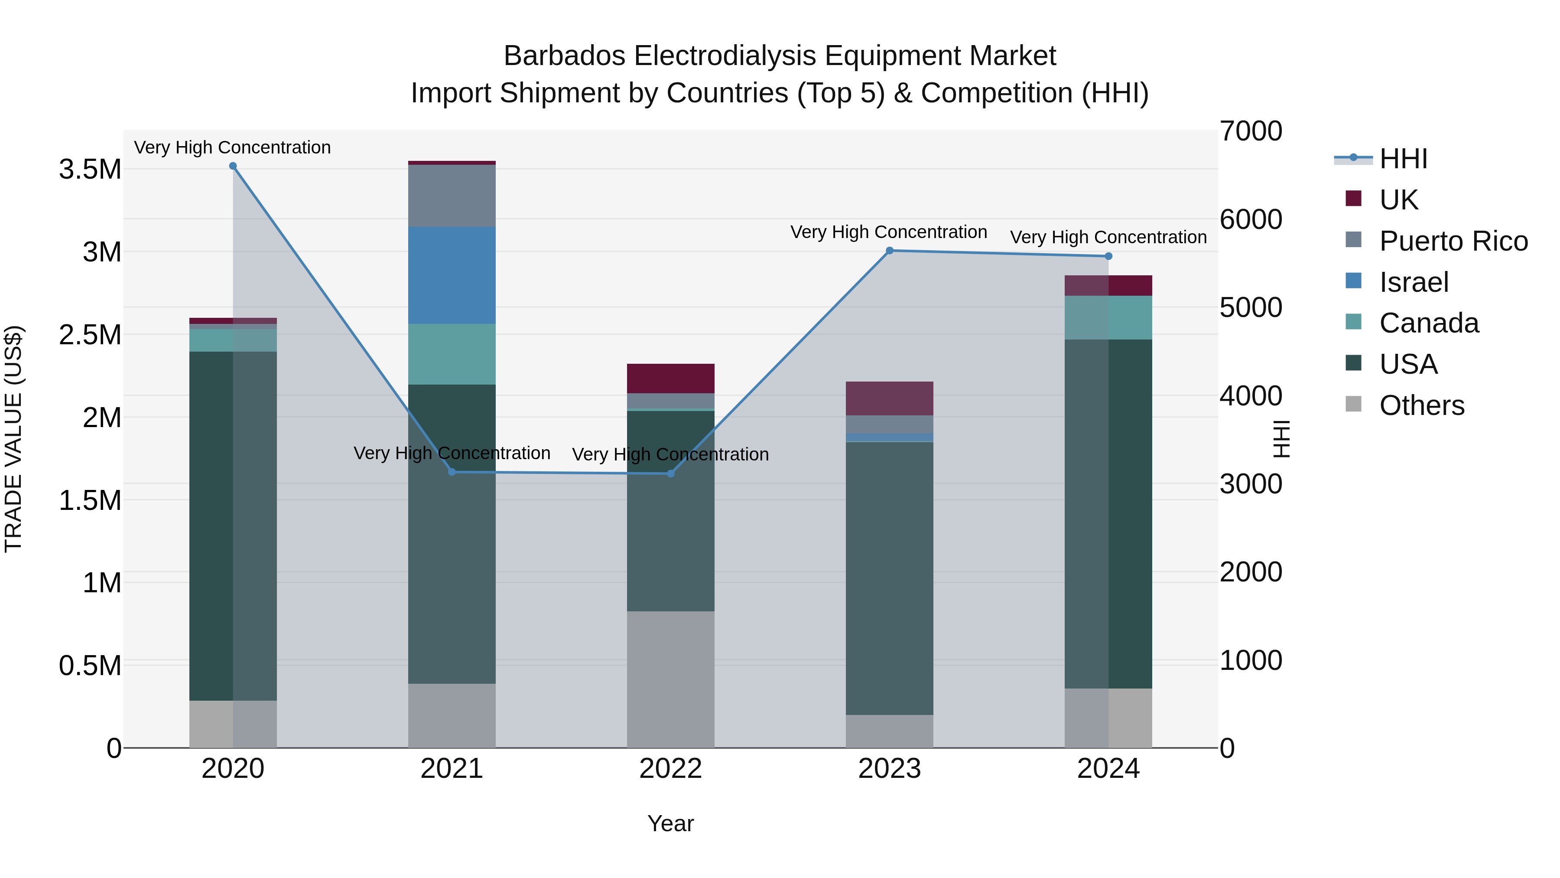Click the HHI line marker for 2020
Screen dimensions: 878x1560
pyautogui.click(x=233, y=166)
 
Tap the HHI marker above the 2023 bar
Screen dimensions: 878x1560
pyautogui.click(x=890, y=250)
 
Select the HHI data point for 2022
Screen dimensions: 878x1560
pyautogui.click(x=670, y=473)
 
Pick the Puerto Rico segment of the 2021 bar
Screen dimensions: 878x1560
pyautogui.click(x=452, y=195)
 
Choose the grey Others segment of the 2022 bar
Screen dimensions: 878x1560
pyautogui.click(x=670, y=679)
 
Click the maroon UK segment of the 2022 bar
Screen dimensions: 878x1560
pyautogui.click(x=670, y=378)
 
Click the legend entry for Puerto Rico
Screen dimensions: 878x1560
pyautogui.click(x=1453, y=241)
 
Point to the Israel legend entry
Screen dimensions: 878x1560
pyautogui.click(x=1414, y=282)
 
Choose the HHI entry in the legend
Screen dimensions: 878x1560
pyautogui.click(x=1403, y=159)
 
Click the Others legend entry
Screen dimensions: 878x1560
pyautogui.click(x=1421, y=405)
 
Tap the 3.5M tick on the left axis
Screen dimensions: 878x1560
pyautogui.click(x=90, y=170)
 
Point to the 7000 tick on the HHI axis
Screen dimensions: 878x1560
pyautogui.click(x=1251, y=131)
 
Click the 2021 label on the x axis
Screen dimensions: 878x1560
pyautogui.click(x=452, y=769)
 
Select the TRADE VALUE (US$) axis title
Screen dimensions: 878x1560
pyautogui.click(x=13, y=439)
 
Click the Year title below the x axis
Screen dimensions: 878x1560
pyautogui.click(x=670, y=823)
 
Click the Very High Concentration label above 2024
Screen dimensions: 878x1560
pyautogui.click(x=1108, y=237)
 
